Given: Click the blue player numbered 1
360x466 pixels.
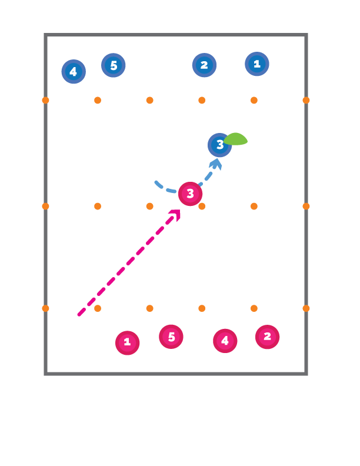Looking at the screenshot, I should click(257, 64).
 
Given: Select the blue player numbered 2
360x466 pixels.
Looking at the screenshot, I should click(204, 65).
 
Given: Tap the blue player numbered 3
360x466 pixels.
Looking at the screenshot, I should click(219, 145).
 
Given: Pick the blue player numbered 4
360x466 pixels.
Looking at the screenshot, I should click(74, 72).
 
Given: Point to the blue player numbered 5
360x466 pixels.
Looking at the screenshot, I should click(114, 65).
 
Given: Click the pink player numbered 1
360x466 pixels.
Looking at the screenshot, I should click(127, 343).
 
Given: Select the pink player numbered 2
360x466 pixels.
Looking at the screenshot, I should click(268, 337).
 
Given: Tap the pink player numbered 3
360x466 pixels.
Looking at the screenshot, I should click(190, 194).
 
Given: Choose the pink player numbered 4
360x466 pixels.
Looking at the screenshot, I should click(225, 341).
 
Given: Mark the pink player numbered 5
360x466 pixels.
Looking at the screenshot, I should click(171, 337).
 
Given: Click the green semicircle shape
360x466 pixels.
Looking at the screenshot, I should click(236, 139).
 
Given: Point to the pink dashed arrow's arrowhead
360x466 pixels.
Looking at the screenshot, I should click(175, 214).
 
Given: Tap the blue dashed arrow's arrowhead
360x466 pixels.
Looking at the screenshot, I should click(216, 163).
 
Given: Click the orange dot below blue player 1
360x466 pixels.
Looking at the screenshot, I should click(254, 100).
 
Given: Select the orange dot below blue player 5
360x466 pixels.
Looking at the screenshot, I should click(98, 100).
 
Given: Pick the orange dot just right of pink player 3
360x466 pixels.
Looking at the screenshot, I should click(202, 206).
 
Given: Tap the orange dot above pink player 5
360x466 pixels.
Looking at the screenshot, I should click(150, 308).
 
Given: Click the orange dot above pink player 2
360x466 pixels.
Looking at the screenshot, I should click(254, 308).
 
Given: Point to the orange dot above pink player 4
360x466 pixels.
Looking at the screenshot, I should click(202, 308).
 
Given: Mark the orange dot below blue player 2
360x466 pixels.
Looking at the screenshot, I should click(202, 100).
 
